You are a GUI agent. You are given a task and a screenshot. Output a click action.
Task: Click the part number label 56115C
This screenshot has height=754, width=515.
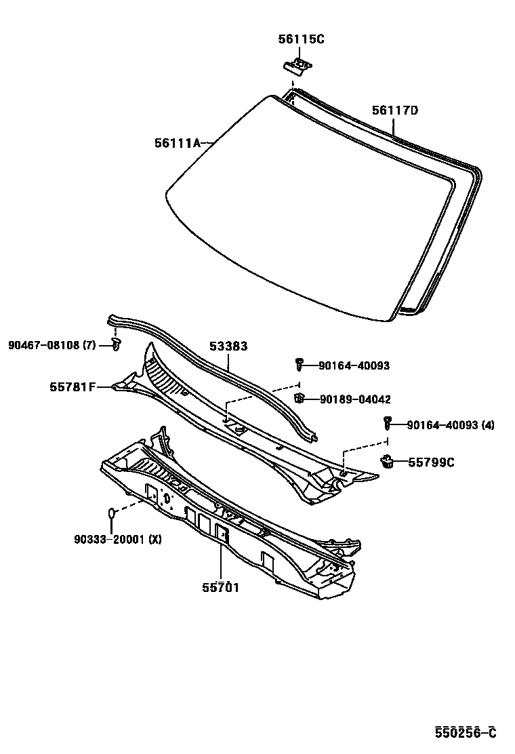tap(301, 39)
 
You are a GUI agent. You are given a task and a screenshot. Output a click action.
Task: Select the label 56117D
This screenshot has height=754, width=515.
tap(394, 111)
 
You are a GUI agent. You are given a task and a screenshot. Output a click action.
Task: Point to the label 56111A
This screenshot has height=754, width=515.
tap(178, 143)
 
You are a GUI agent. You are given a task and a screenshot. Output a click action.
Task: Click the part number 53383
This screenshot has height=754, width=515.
tap(228, 346)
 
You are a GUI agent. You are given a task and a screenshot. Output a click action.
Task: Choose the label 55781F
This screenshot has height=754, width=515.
tap(70, 387)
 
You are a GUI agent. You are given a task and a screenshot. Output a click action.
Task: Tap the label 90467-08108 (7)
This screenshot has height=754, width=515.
tap(52, 345)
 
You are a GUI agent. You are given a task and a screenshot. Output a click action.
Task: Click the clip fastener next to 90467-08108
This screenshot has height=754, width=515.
tap(116, 346)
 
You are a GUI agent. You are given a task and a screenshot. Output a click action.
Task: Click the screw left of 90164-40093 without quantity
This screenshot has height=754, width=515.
tap(299, 365)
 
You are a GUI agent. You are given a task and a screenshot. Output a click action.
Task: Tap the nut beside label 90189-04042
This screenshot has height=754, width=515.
tap(298, 398)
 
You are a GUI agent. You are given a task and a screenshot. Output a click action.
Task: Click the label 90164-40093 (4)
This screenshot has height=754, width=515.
tap(451, 425)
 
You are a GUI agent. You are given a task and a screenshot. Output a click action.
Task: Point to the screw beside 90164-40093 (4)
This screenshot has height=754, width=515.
tap(388, 423)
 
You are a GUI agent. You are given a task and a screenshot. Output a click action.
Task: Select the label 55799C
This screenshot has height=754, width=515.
tap(431, 462)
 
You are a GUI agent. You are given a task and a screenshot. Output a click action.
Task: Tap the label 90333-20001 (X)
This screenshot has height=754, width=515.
tap(118, 539)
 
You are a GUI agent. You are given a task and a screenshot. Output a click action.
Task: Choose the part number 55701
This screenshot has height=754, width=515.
tap(220, 587)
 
